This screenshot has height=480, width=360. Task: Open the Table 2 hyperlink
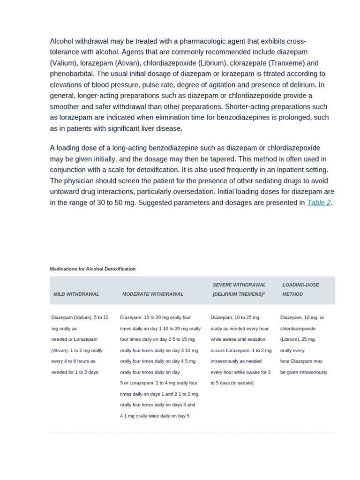click(x=319, y=203)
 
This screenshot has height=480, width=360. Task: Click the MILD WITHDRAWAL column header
click(x=76, y=294)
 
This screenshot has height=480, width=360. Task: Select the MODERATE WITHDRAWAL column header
click(x=153, y=294)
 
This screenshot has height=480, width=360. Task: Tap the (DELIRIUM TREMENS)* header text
click(x=235, y=294)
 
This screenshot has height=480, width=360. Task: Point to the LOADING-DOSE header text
click(x=300, y=285)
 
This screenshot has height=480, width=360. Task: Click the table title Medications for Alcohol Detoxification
click(x=93, y=269)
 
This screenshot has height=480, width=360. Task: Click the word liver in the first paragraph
click(x=145, y=128)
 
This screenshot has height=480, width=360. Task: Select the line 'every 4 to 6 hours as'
click(x=73, y=361)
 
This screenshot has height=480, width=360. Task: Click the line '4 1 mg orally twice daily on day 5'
click(x=155, y=416)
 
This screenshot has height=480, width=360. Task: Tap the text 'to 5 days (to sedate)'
click(x=232, y=383)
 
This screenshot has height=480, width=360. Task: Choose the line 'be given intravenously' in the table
click(x=304, y=372)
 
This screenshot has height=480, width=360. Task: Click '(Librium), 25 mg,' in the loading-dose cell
click(x=298, y=339)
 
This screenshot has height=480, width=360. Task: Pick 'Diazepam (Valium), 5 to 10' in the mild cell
click(x=80, y=317)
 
